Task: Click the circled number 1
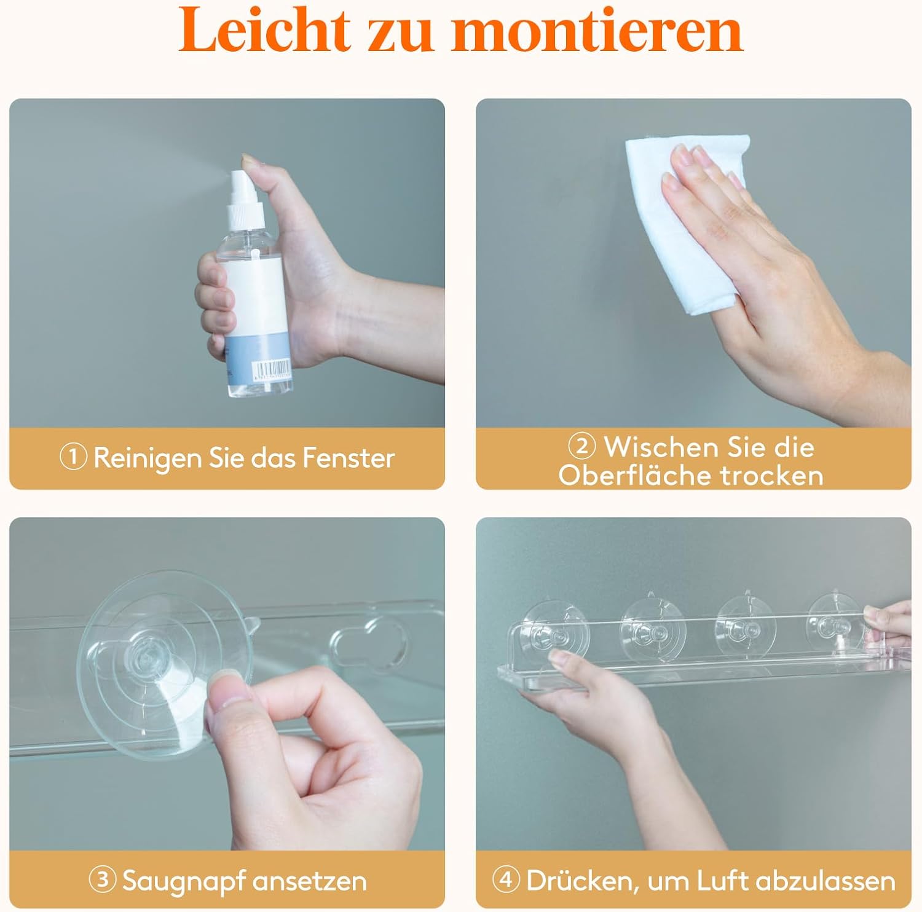pyautogui.click(x=73, y=457)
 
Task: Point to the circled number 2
pyautogui.click(x=581, y=446)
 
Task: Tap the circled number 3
pyautogui.click(x=103, y=880)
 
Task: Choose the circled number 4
pyautogui.click(x=506, y=879)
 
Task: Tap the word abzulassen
pyautogui.click(x=825, y=881)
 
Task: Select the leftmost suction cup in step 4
pyautogui.click(x=554, y=633)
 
